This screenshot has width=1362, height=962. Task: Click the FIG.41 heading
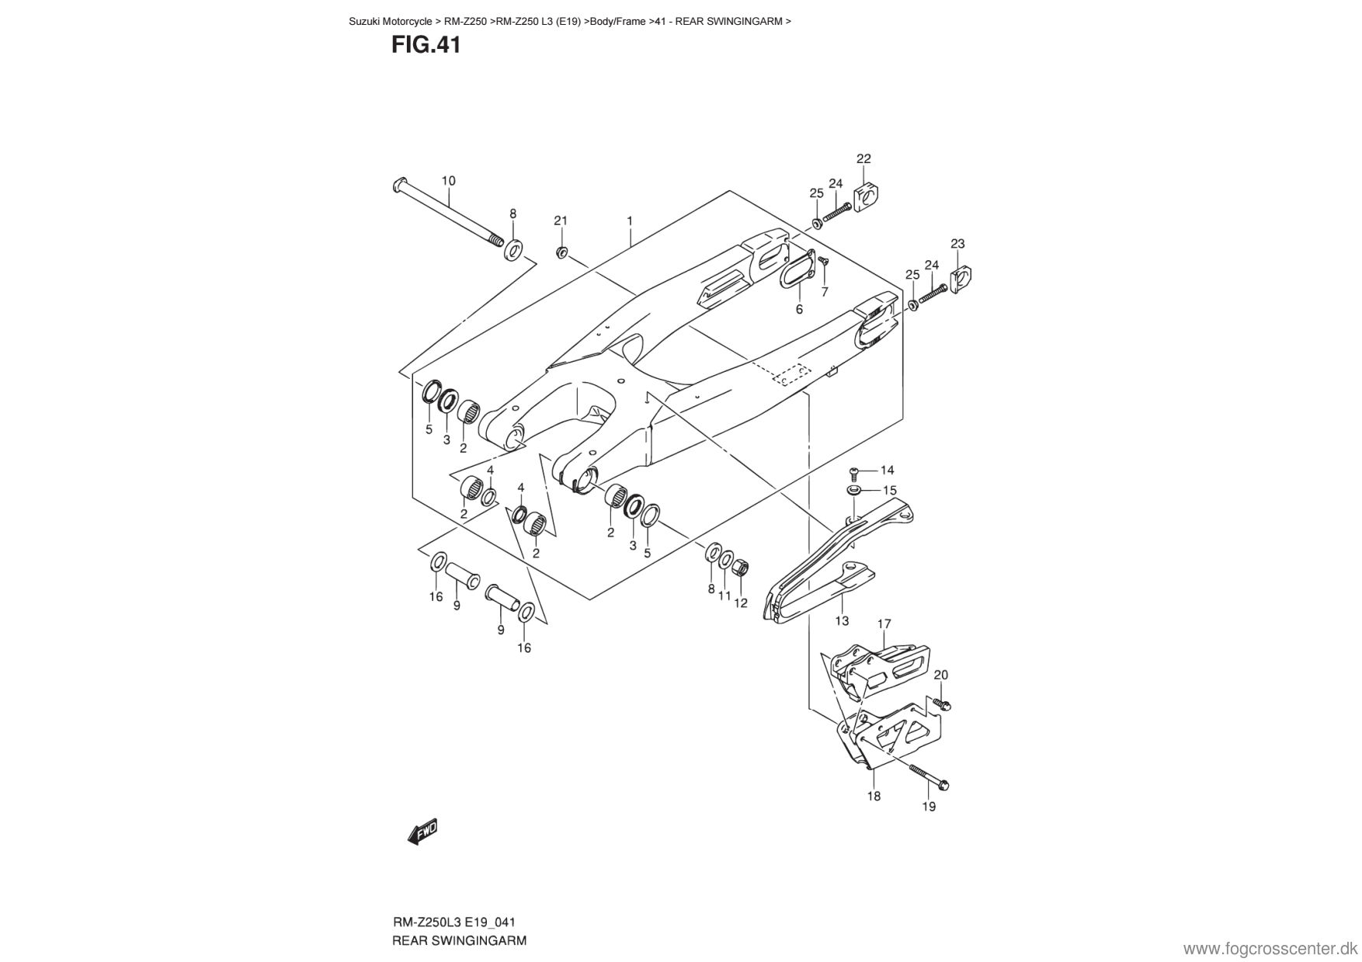coord(426,46)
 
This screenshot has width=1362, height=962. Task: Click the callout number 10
coord(449,181)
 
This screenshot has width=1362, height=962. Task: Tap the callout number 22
coord(863,158)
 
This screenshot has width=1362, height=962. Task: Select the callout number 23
coord(957,244)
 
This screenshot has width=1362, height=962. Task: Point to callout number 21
coord(561,221)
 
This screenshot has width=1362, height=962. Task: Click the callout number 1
coord(630,221)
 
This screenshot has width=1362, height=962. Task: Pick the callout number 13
coord(842,620)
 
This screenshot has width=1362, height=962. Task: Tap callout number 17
coord(884,623)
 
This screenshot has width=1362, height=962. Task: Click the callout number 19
coord(929,807)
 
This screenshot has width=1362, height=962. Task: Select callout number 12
coord(741,603)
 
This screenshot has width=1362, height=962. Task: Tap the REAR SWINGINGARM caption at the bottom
coord(460,941)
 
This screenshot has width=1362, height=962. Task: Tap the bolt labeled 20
coord(941,703)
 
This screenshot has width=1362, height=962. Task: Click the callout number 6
coord(799,309)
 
